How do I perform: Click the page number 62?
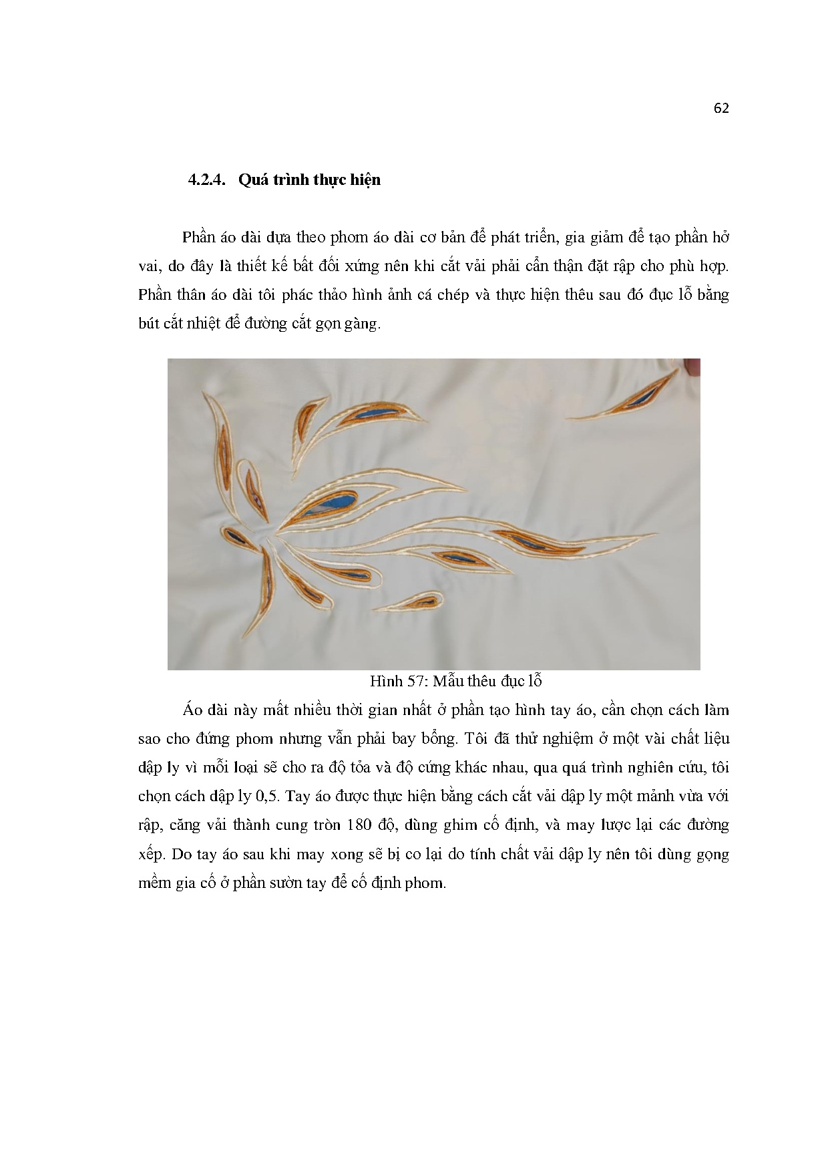click(720, 109)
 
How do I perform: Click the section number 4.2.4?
click(208, 180)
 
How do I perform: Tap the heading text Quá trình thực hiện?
click(309, 180)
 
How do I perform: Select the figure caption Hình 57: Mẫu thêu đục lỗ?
click(455, 681)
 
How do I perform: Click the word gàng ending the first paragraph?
click(361, 324)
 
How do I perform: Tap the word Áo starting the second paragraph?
click(193, 710)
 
